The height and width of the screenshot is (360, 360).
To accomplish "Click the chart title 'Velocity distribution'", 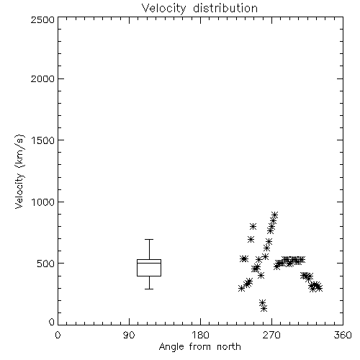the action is pos(199,8).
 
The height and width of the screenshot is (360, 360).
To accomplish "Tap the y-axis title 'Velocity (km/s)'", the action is pos(19,171).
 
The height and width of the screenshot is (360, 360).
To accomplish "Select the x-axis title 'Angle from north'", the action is pos(199,347).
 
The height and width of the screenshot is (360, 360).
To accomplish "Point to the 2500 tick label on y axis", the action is pos(42,19).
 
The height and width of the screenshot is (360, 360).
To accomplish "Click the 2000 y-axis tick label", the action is pos(42,78).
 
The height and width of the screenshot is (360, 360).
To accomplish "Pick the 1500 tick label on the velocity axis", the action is pos(43,140).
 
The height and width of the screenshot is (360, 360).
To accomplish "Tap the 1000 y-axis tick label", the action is pos(43,202).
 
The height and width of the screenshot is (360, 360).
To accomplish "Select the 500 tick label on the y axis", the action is pos(45,264).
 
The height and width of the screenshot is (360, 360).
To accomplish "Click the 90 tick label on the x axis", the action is pos(129,335).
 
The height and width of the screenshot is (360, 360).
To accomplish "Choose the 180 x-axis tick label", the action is pos(200,335).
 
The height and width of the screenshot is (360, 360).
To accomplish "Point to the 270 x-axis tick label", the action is pos(271,335).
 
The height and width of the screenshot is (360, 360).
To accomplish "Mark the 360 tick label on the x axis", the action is pos(343,335).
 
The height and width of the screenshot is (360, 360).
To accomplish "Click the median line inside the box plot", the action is pos(149,263).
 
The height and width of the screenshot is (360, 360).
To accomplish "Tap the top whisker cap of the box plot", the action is pos(149,239).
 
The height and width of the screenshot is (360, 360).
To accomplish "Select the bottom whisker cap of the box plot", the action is pos(149,289).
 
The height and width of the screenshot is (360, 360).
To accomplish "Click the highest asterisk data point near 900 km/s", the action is pos(274,215).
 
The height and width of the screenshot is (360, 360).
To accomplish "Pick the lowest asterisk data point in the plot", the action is pos(264,309).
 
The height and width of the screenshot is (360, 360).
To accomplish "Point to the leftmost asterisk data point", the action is pos(242,289).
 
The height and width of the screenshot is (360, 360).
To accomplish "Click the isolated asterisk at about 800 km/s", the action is pos(253,226).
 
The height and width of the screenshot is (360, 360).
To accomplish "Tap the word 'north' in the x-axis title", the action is pos(229,347).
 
